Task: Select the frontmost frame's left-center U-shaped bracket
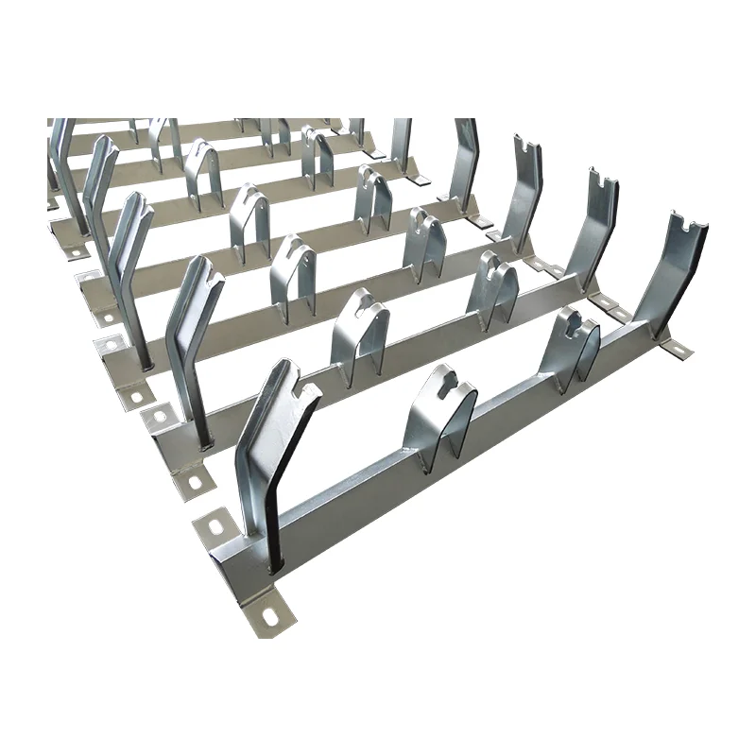click(x=439, y=416)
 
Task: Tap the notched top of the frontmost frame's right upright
click(x=688, y=225)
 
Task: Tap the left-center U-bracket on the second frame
click(x=357, y=335)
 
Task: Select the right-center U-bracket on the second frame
click(x=491, y=288)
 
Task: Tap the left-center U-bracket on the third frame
click(x=292, y=274)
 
